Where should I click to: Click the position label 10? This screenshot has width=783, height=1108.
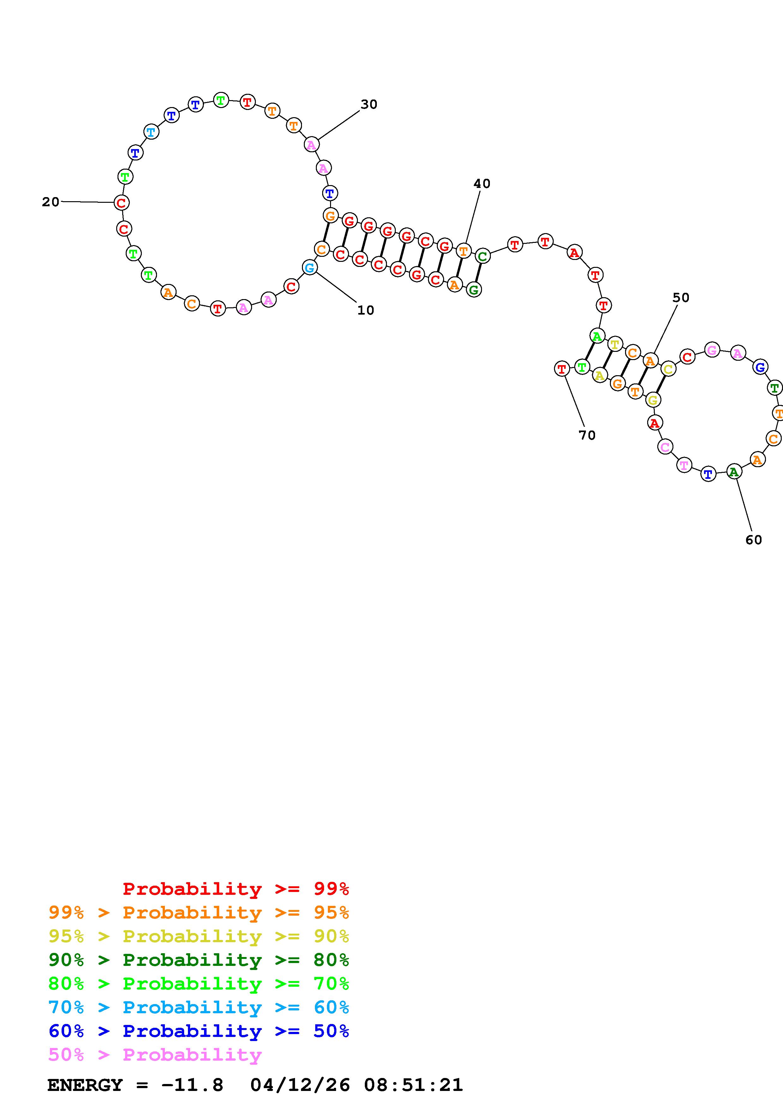(x=366, y=310)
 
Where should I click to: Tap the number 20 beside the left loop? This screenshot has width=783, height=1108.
(x=51, y=202)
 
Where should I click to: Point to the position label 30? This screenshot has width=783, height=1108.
(x=369, y=104)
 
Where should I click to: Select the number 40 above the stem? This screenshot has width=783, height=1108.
(x=482, y=184)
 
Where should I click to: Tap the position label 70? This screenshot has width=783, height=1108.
(x=587, y=435)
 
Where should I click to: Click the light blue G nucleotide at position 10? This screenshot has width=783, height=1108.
(x=310, y=267)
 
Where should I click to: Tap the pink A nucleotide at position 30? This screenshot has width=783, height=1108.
(x=312, y=144)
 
